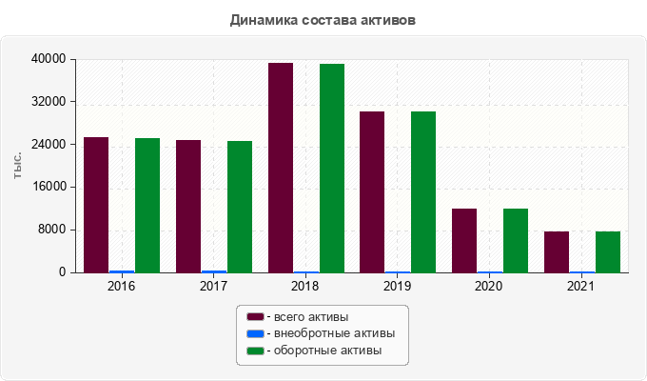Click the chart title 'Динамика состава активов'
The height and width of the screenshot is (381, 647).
pos(323,19)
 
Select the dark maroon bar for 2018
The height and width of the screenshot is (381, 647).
pos(281,168)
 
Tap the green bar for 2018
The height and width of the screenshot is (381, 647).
pos(332,169)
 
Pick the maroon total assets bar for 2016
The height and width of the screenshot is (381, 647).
pos(96,205)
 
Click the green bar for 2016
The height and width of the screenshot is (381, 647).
pos(147,206)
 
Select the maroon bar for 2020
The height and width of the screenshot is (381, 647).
pos(464,240)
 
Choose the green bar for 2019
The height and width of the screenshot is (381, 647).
pos(423,192)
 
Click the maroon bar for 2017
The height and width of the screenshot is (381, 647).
pos(188,207)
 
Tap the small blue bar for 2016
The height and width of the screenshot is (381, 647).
pos(122,271)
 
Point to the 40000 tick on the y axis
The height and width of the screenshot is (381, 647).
pos(49,59)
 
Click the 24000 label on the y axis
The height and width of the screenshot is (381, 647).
pos(49,145)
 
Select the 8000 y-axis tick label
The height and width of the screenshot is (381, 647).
pos(51,230)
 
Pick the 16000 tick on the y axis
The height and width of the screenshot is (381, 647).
pos(49,187)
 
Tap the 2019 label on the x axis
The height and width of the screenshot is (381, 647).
pos(397,286)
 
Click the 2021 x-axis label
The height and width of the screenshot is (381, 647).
pos(581,286)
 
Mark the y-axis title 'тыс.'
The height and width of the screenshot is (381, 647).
pos(18,165)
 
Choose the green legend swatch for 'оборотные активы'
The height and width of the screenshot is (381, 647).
pos(255,351)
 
